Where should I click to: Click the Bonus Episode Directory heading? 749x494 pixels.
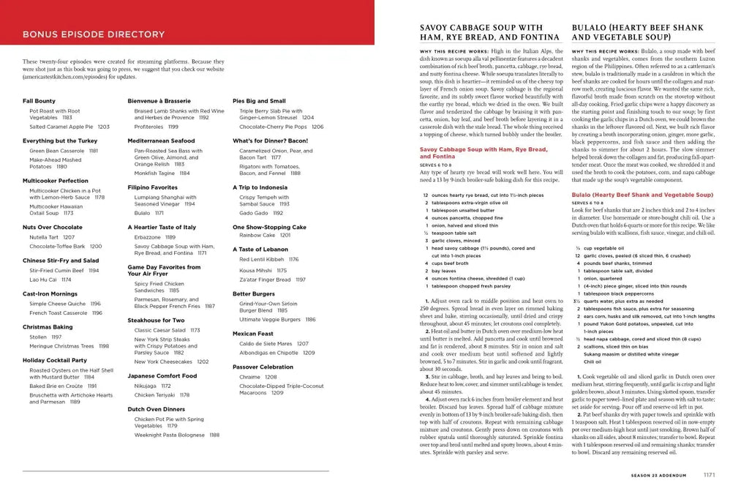pyautogui.click(x=94, y=34)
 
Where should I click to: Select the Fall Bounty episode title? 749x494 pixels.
pyautogui.click(x=39, y=100)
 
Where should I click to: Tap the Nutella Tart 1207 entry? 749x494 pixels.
pyautogui.click(x=52, y=237)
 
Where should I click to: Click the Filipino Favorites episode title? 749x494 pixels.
pyautogui.click(x=152, y=187)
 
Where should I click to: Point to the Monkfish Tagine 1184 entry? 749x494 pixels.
pyautogui.click(x=162, y=173)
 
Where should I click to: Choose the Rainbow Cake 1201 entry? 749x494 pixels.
pyautogui.click(x=265, y=236)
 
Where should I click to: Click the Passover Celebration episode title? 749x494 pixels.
pyautogui.click(x=263, y=367)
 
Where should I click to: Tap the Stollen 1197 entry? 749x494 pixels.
pyautogui.click(x=46, y=337)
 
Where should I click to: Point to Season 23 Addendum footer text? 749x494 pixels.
pyautogui.click(x=661, y=475)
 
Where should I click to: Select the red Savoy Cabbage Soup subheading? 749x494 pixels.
pyautogui.click(x=483, y=152)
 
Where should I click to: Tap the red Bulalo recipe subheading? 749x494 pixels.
pyautogui.click(x=641, y=195)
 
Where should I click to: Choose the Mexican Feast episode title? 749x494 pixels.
pyautogui.click(x=253, y=333)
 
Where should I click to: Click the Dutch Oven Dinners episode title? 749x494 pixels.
pyautogui.click(x=157, y=409)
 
